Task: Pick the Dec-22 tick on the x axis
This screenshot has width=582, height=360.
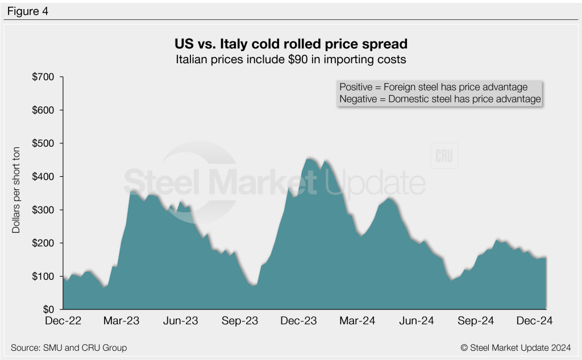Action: click(64, 321)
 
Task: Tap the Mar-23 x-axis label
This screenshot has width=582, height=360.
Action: click(122, 321)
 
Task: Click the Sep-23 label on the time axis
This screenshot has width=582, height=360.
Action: click(240, 321)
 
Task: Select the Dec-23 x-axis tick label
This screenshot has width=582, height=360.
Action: click(299, 321)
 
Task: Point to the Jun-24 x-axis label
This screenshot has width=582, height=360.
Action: click(417, 321)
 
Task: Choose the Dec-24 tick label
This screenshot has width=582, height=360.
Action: click(534, 321)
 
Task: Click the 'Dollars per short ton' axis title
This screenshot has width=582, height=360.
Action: click(16, 193)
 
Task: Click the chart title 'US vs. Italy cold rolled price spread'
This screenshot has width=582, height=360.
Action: click(290, 44)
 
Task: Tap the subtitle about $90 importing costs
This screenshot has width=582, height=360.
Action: click(290, 59)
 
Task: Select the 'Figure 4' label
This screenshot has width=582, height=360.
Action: click(28, 10)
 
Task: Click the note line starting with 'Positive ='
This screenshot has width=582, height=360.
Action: click(433, 87)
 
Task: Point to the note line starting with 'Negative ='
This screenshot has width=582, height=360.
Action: click(439, 99)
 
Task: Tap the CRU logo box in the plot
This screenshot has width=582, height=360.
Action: click(444, 156)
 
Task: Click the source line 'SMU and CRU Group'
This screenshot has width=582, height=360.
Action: click(69, 347)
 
